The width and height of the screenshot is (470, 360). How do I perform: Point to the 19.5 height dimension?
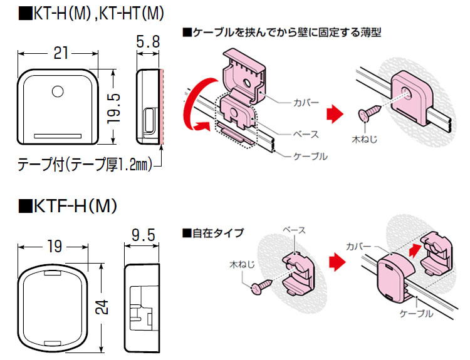tap(113, 106)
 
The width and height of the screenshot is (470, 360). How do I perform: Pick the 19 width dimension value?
tap(55, 247)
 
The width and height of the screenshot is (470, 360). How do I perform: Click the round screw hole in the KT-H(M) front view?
tap(58, 91)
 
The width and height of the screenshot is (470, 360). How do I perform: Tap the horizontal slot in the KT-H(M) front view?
tap(58, 135)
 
